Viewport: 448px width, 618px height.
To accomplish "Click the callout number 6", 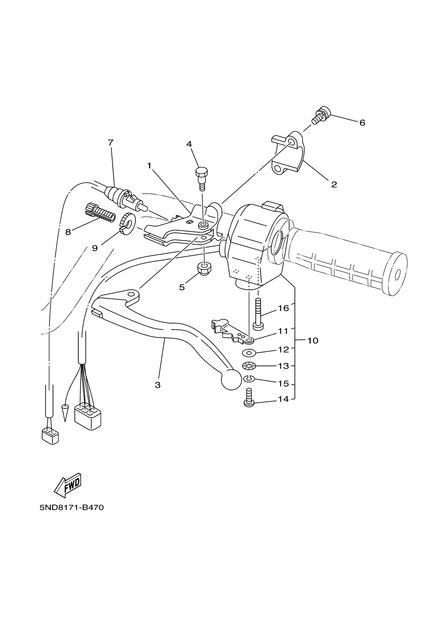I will click(362, 123).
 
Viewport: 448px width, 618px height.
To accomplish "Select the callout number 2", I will click(334, 185).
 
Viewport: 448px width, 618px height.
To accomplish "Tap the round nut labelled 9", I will click(127, 224).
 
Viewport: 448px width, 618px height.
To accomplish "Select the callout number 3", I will click(158, 385).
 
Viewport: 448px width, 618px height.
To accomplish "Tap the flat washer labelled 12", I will click(249, 353).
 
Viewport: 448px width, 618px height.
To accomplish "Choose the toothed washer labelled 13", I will click(249, 366).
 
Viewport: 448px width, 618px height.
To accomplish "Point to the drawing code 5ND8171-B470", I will click(72, 507).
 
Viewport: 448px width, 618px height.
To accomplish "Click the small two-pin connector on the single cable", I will click(50, 437).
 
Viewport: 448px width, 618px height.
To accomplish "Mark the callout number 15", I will click(283, 384).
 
